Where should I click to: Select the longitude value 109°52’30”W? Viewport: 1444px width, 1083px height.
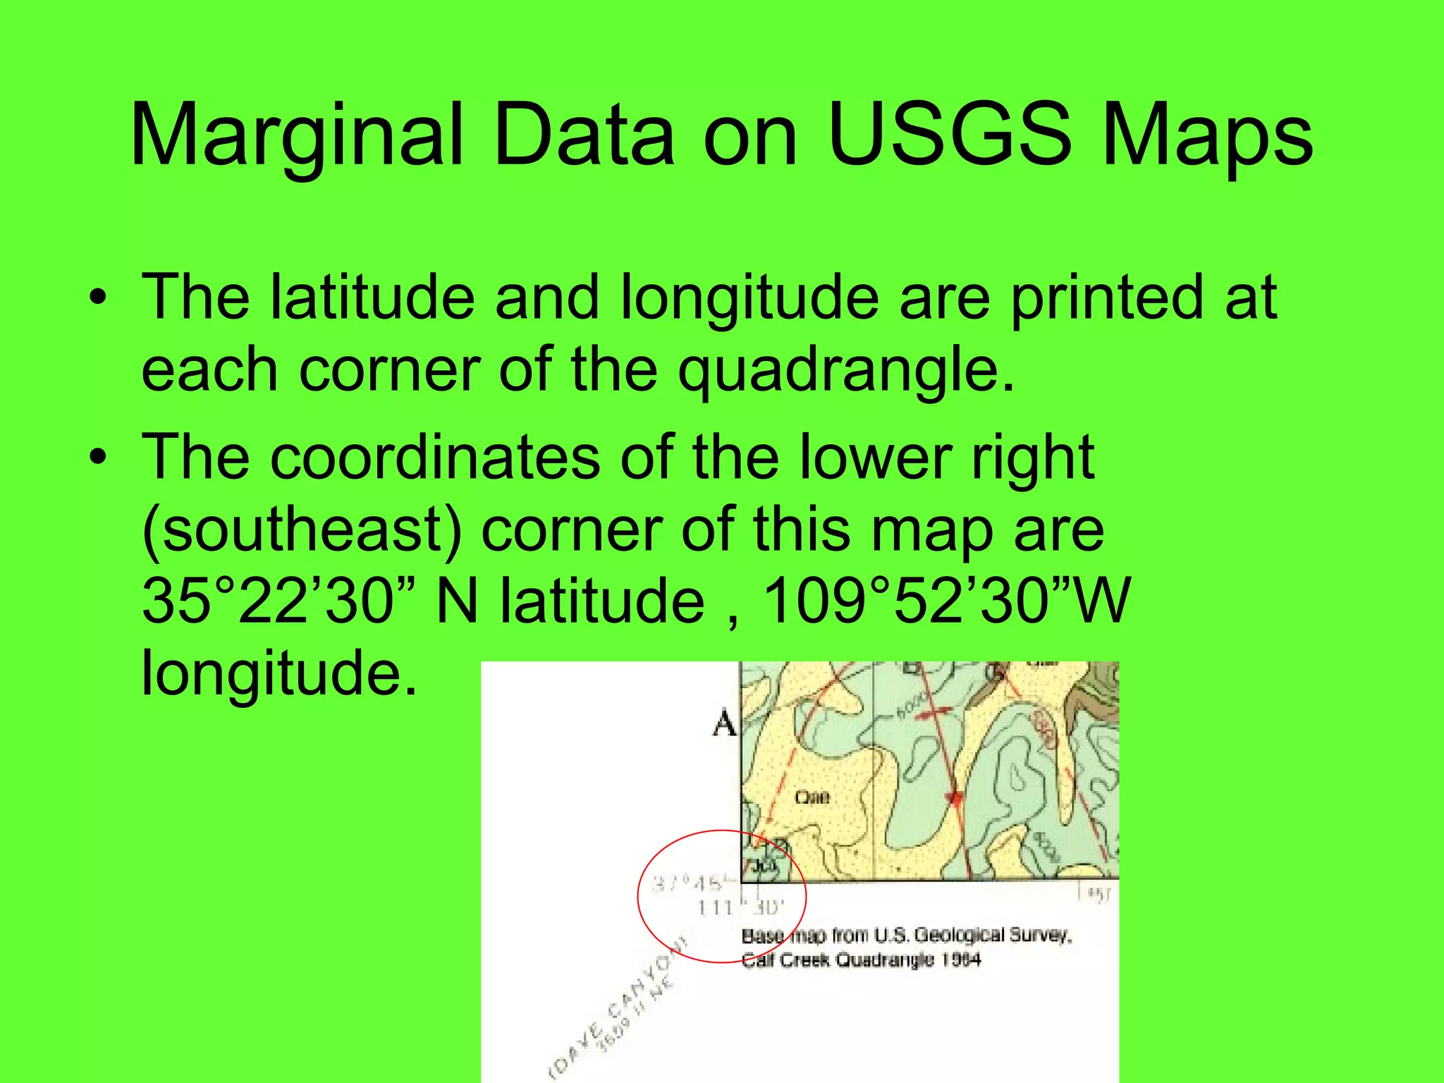[x=946, y=601]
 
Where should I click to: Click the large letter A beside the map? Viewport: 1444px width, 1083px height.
[x=724, y=723]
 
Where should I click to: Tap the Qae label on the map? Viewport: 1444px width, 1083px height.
[x=812, y=797]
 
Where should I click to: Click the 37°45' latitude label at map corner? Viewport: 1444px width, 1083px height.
[x=687, y=883]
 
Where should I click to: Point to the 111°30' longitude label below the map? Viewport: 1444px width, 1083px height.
[x=741, y=907]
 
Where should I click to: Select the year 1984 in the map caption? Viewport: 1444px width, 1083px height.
[x=962, y=960]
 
